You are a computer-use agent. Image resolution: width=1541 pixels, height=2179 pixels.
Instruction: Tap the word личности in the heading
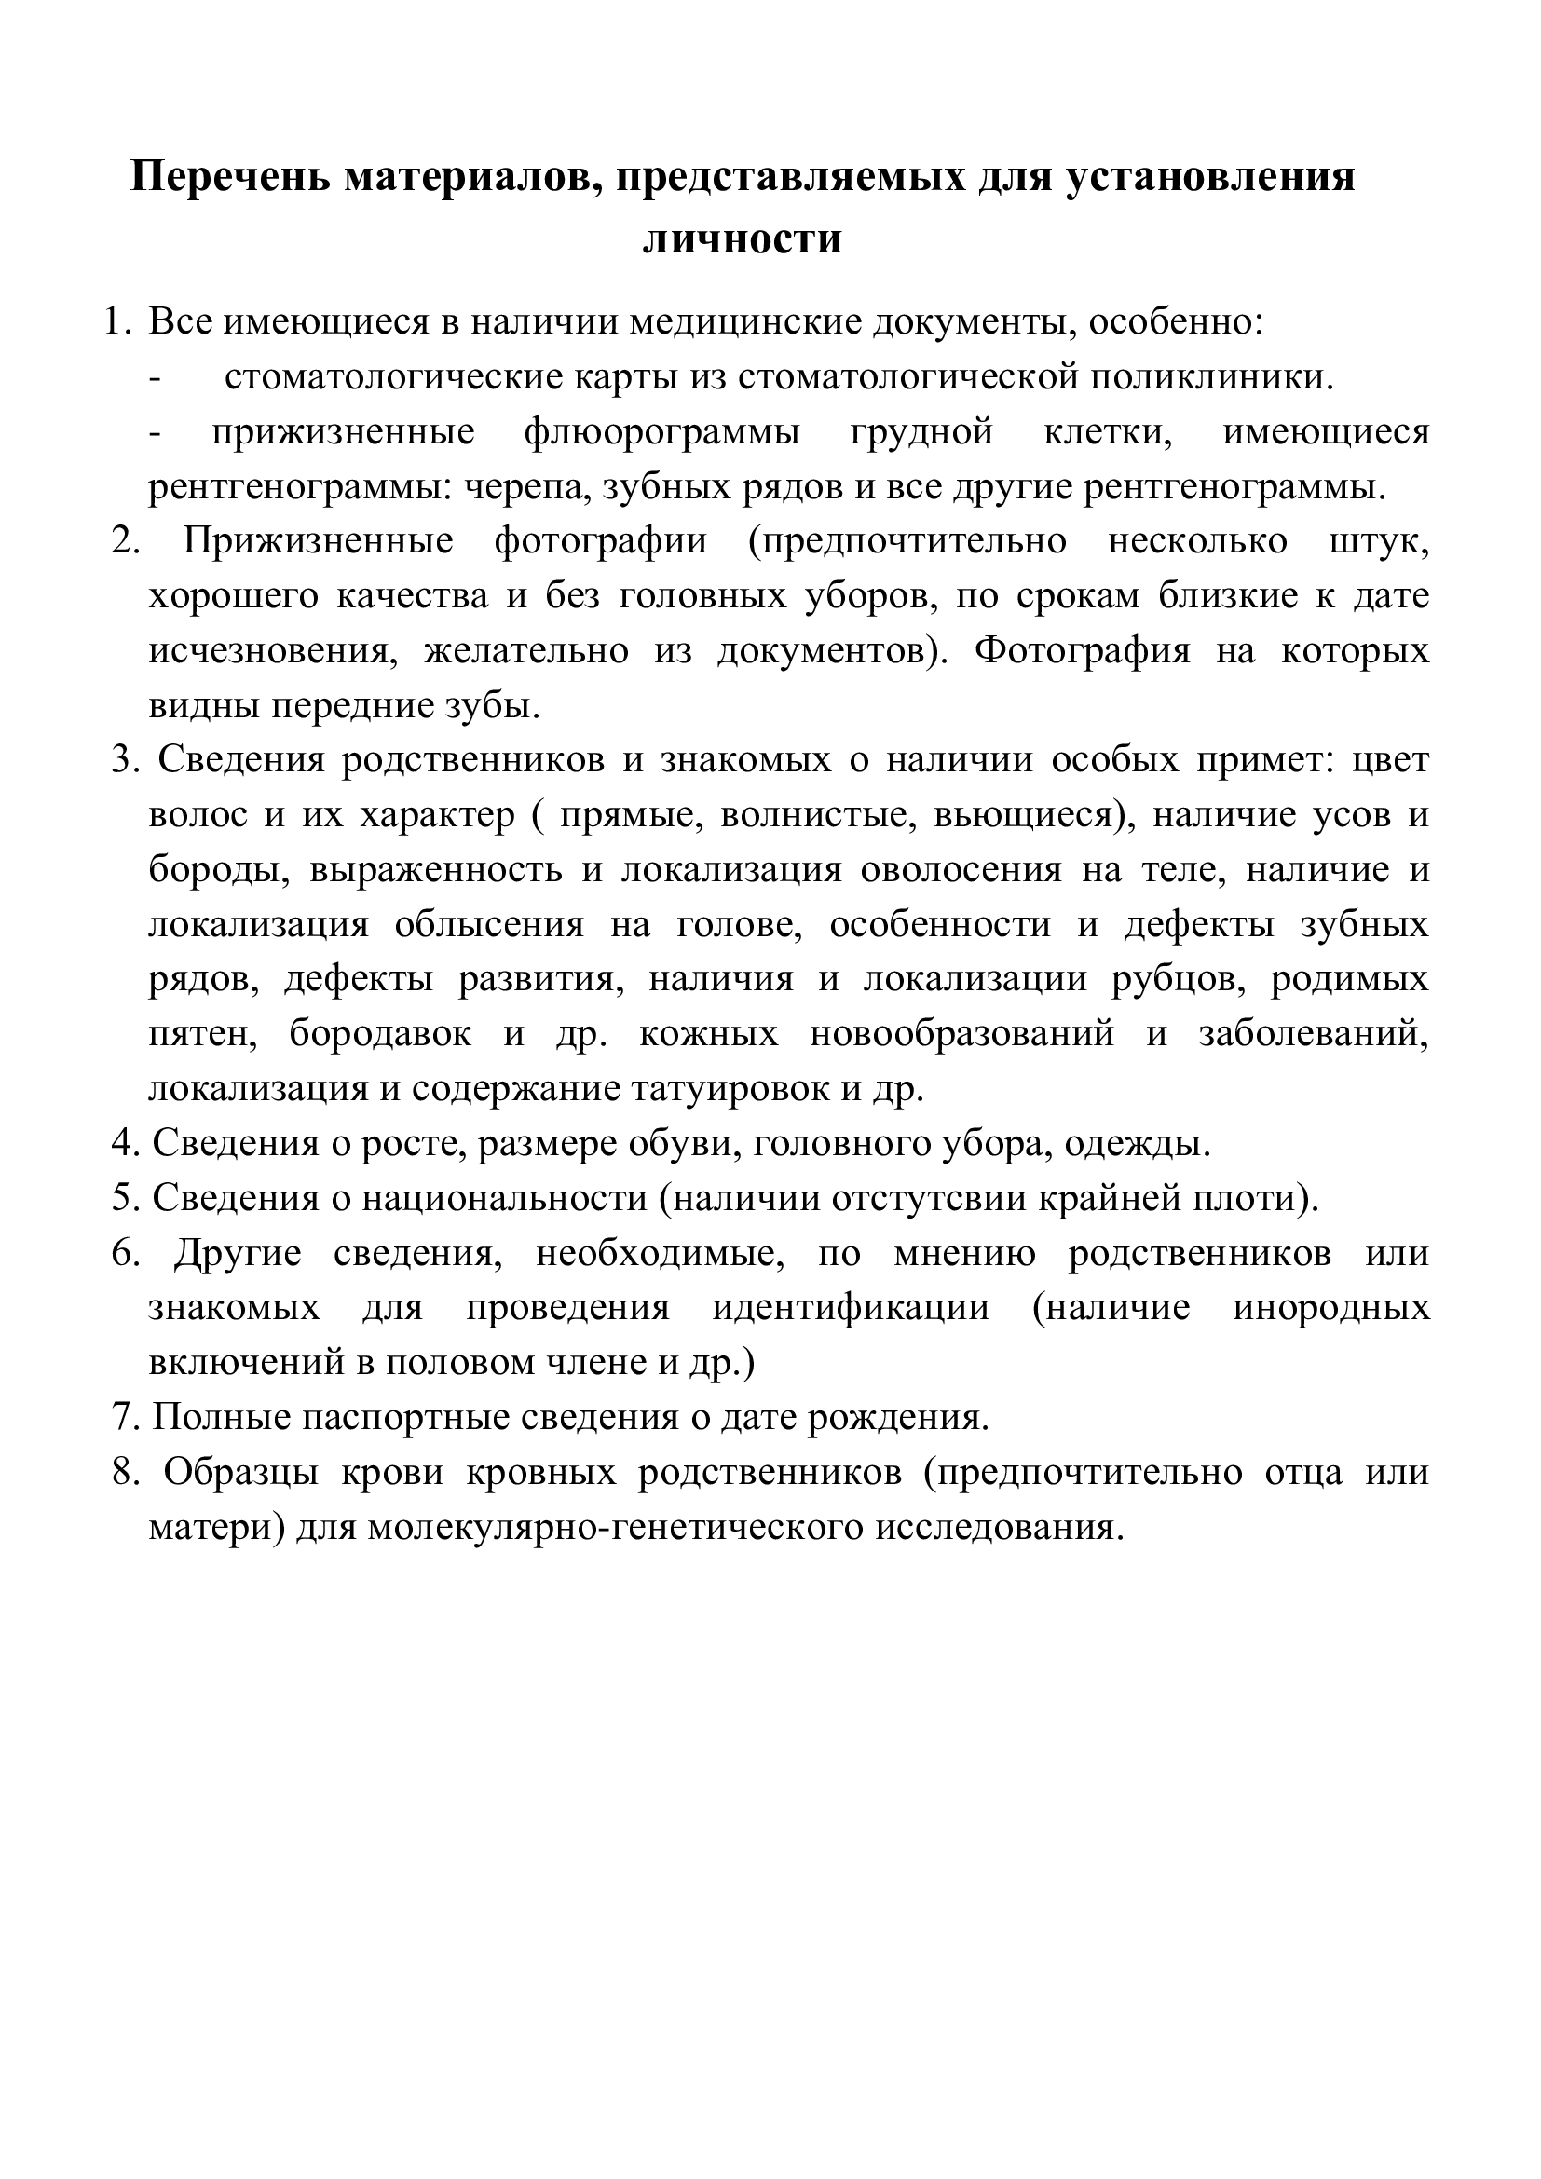point(743,238)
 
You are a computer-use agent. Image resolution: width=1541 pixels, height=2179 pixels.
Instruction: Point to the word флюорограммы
point(661,433)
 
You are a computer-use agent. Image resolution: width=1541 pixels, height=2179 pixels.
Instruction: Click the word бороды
point(218,870)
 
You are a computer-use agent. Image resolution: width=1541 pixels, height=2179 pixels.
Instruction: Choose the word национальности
point(504,1199)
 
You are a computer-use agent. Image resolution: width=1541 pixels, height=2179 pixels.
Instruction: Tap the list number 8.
point(125,1473)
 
